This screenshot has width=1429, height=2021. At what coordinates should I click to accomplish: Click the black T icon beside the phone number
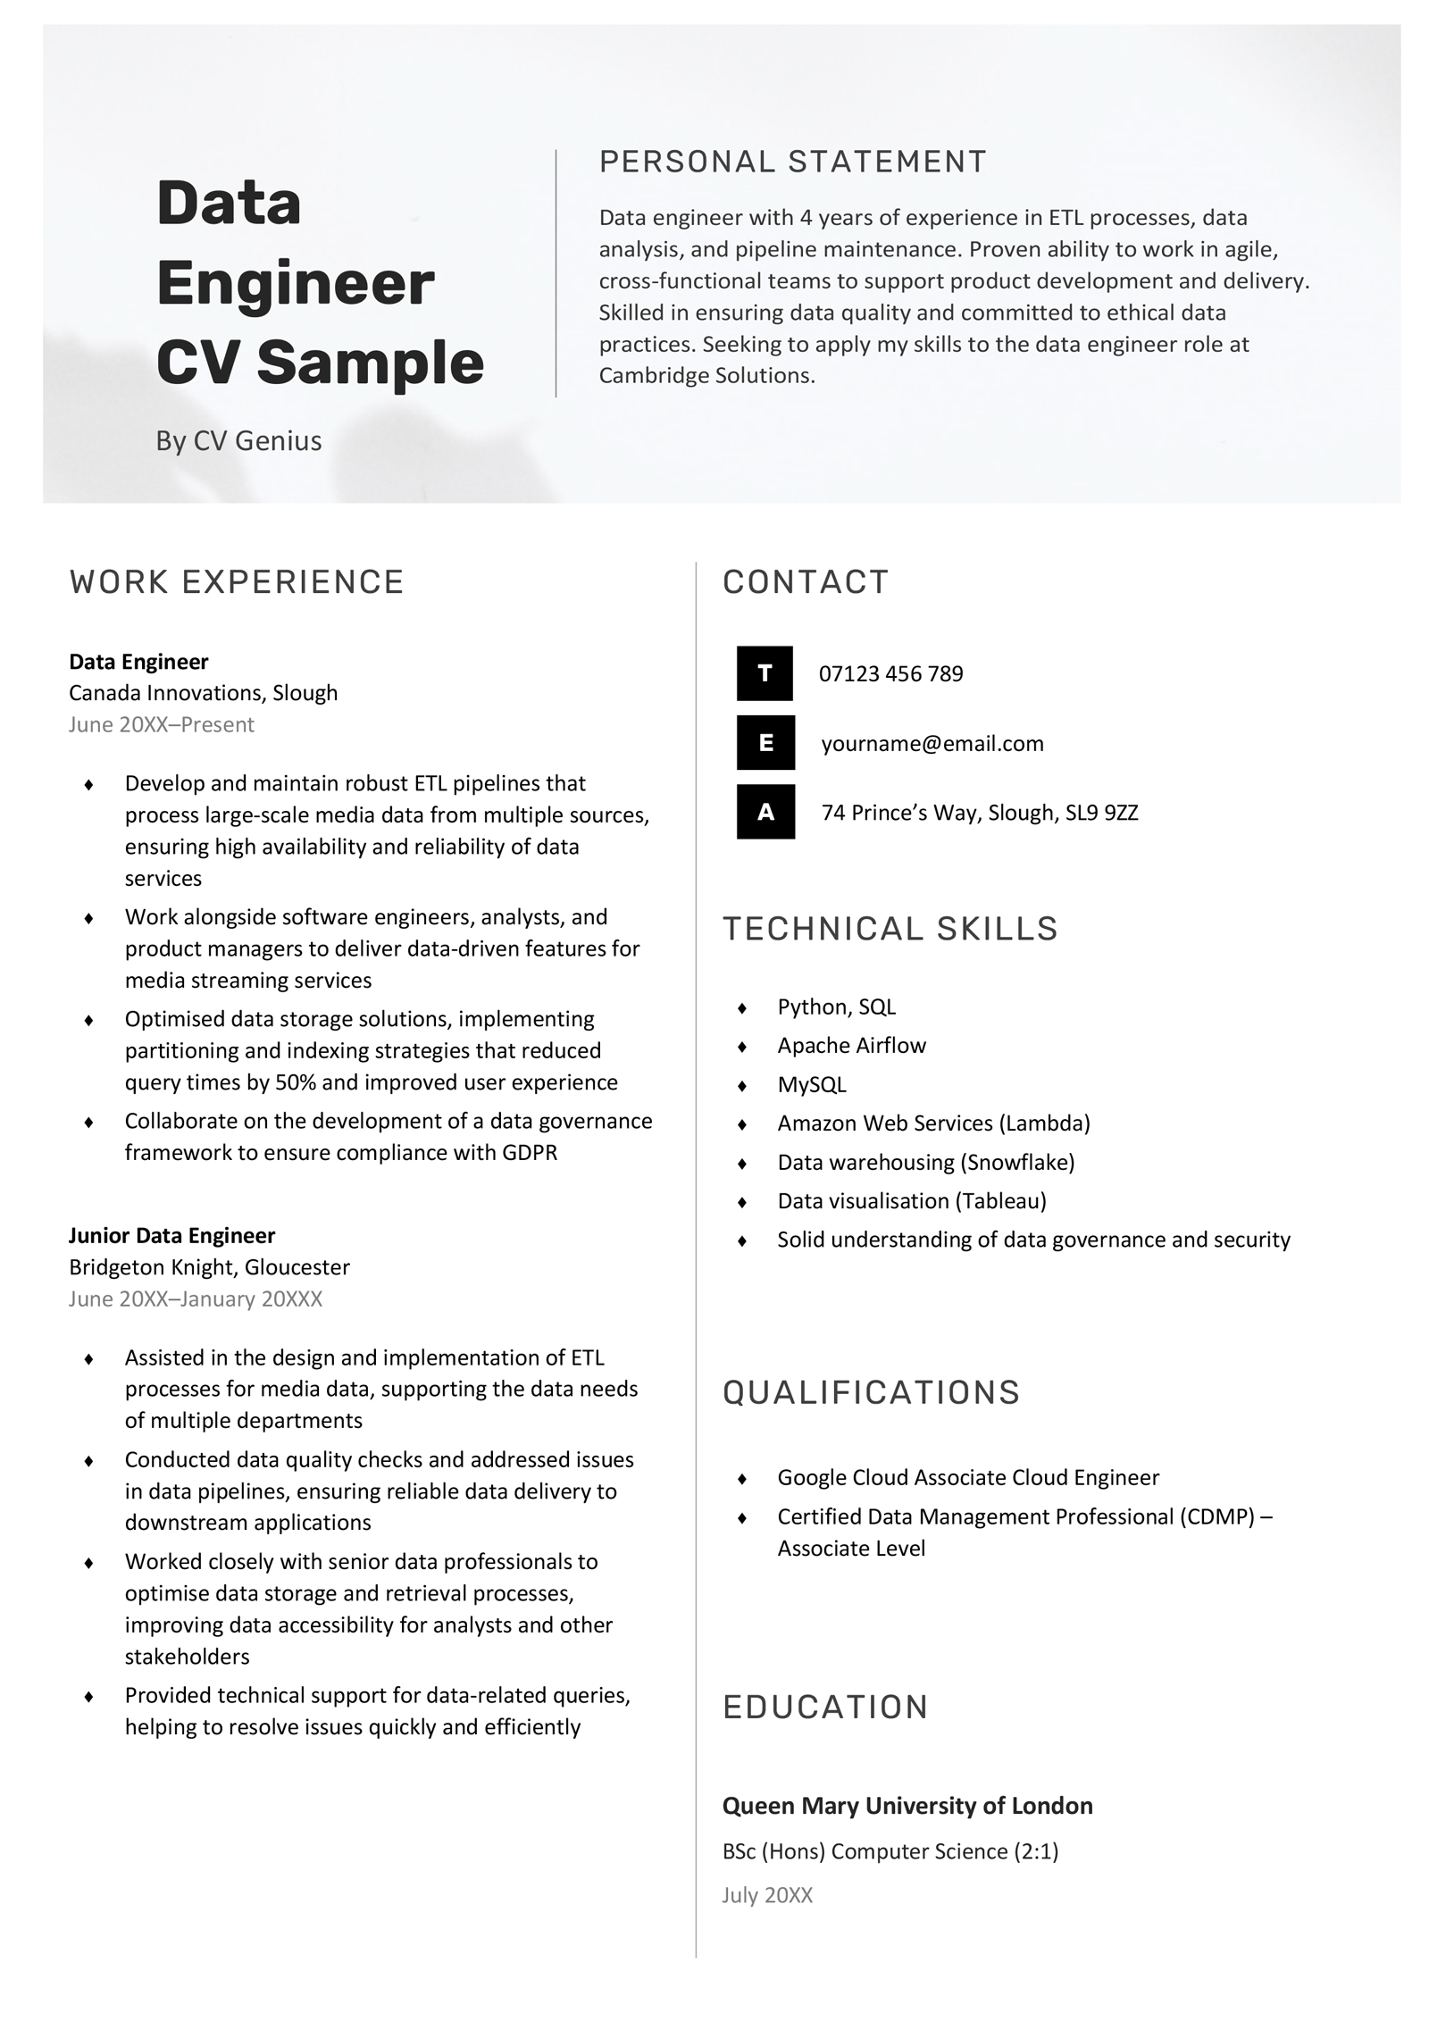[x=765, y=673]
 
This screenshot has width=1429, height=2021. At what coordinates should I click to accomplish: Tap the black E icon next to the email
[x=765, y=742]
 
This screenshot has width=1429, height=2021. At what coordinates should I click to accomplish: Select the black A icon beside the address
[x=765, y=812]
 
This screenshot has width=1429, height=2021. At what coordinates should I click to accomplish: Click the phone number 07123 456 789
[x=890, y=673]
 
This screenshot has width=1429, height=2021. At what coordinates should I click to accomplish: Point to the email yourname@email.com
[x=932, y=743]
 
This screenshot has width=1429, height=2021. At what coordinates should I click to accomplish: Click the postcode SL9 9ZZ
[x=1101, y=813]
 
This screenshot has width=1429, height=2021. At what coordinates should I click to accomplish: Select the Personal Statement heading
[x=792, y=162]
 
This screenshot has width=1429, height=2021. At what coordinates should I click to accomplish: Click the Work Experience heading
[x=237, y=581]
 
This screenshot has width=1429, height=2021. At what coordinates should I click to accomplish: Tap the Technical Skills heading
[x=890, y=929]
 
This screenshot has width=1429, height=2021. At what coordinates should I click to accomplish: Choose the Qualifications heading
[x=871, y=1392]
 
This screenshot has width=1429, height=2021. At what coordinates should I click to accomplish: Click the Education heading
[x=825, y=1707]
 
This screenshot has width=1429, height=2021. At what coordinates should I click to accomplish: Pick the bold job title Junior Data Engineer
[x=171, y=1235]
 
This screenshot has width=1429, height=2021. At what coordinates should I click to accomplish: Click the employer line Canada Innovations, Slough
[x=203, y=693]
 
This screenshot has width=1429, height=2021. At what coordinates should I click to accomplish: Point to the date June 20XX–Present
[x=162, y=724]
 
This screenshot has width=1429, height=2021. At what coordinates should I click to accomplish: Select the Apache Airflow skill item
[x=851, y=1046]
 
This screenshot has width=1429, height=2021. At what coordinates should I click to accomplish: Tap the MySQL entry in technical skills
[x=811, y=1084]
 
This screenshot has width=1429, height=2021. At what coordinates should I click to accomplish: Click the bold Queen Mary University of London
[x=907, y=1806]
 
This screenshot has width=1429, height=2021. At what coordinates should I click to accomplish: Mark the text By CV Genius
[x=238, y=440]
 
